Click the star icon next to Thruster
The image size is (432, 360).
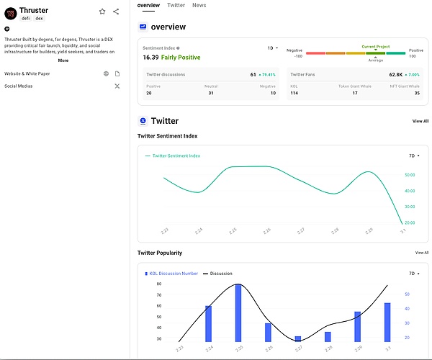tap(102, 12)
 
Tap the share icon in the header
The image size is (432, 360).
tap(116, 12)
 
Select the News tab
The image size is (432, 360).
tap(199, 5)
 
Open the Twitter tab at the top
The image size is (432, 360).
tap(176, 5)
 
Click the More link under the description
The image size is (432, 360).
tap(63, 60)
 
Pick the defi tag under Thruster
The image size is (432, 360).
tap(26, 19)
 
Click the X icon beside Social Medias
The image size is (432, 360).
tap(117, 86)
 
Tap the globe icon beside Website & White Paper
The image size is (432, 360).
tap(106, 73)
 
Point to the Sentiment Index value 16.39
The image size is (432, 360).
tap(150, 57)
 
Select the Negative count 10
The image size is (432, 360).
tap(272, 93)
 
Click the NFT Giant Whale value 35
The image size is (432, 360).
tap(417, 93)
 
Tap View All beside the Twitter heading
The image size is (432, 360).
tap(420, 121)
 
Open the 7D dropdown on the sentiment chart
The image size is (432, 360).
tap(413, 156)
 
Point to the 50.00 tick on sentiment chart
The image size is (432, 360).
tap(410, 175)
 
